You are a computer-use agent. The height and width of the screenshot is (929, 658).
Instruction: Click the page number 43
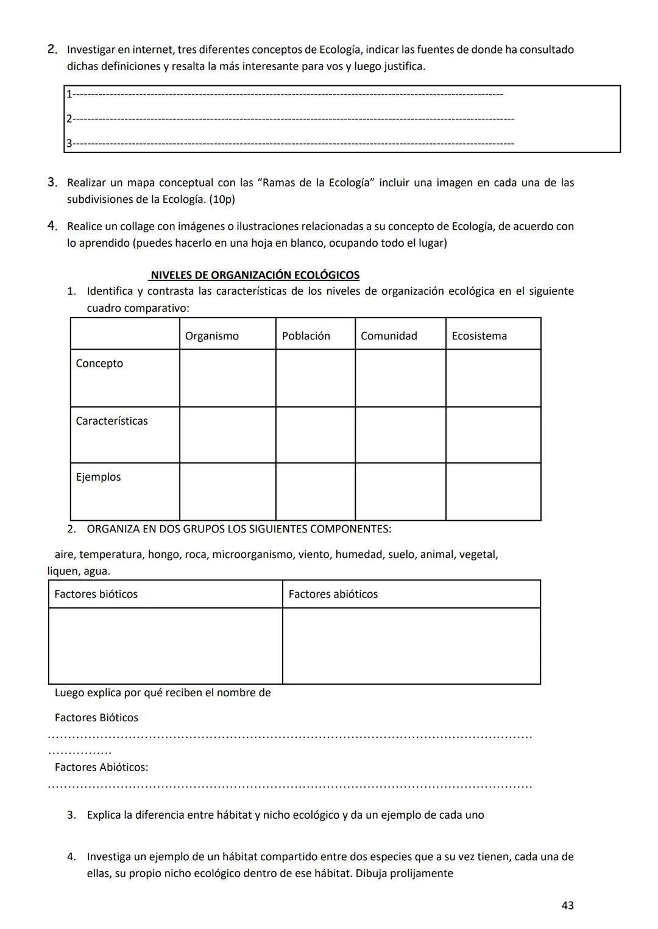point(567,905)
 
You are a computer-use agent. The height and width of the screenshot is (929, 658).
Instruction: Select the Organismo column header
point(211,336)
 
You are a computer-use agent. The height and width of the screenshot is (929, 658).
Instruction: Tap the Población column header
point(306,336)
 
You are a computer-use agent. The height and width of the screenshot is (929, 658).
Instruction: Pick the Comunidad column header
point(389,336)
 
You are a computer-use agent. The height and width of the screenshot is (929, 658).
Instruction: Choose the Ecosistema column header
point(479,336)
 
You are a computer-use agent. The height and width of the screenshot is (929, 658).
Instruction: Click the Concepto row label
point(99,363)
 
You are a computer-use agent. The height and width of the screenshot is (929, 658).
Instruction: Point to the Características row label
point(111,421)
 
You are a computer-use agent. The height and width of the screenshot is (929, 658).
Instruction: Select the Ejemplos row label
point(98,477)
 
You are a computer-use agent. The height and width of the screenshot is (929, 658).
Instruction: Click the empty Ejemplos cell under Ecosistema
point(493,492)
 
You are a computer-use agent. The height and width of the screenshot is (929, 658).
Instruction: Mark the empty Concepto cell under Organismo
point(227,378)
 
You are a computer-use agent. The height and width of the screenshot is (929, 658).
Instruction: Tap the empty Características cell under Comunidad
point(400,435)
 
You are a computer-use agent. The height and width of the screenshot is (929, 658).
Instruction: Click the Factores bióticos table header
point(96,594)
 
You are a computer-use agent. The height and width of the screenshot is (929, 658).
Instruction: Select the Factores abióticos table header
point(333,594)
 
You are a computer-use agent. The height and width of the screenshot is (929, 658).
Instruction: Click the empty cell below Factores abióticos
point(411,646)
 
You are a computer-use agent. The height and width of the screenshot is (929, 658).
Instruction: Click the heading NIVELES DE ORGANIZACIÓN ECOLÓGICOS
point(255,275)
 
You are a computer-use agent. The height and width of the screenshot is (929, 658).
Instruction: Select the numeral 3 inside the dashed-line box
point(69,143)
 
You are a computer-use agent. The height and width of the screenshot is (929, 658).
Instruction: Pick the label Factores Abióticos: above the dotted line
point(101,767)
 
